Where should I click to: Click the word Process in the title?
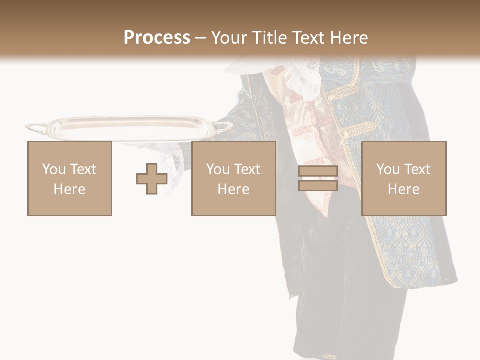click(x=157, y=38)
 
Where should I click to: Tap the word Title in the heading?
click(x=271, y=38)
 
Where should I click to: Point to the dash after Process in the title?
click(x=200, y=38)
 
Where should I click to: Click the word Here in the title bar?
click(x=348, y=38)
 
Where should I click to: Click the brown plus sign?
click(x=152, y=179)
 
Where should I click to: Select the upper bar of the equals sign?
click(x=318, y=171)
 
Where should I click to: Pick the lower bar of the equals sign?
click(x=318, y=185)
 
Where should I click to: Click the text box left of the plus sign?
click(x=69, y=178)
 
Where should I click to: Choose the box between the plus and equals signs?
click(x=233, y=178)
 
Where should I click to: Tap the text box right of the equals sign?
click(x=403, y=178)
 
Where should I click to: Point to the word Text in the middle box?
click(x=247, y=169)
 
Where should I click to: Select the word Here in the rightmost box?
click(x=403, y=189)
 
